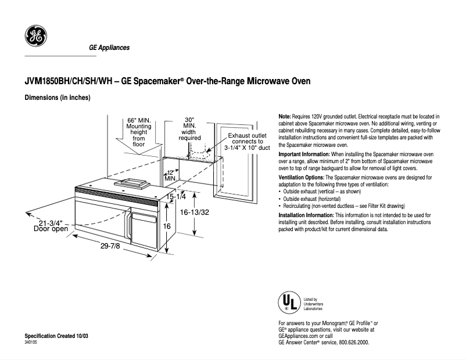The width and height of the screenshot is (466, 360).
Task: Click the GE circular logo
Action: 35,37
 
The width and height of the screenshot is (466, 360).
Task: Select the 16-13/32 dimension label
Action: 195,213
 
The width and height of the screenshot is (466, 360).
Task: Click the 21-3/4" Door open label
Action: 51,225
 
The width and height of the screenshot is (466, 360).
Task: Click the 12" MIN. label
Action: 170,175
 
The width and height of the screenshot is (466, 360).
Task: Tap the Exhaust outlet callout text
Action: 248,141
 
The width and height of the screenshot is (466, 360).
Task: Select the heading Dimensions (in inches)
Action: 57,98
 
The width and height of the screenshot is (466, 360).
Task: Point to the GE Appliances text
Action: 109,48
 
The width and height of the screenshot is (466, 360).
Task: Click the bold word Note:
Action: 285,117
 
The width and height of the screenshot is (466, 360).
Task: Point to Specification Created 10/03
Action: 56,337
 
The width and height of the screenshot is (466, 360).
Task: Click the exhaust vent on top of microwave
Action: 132,183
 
